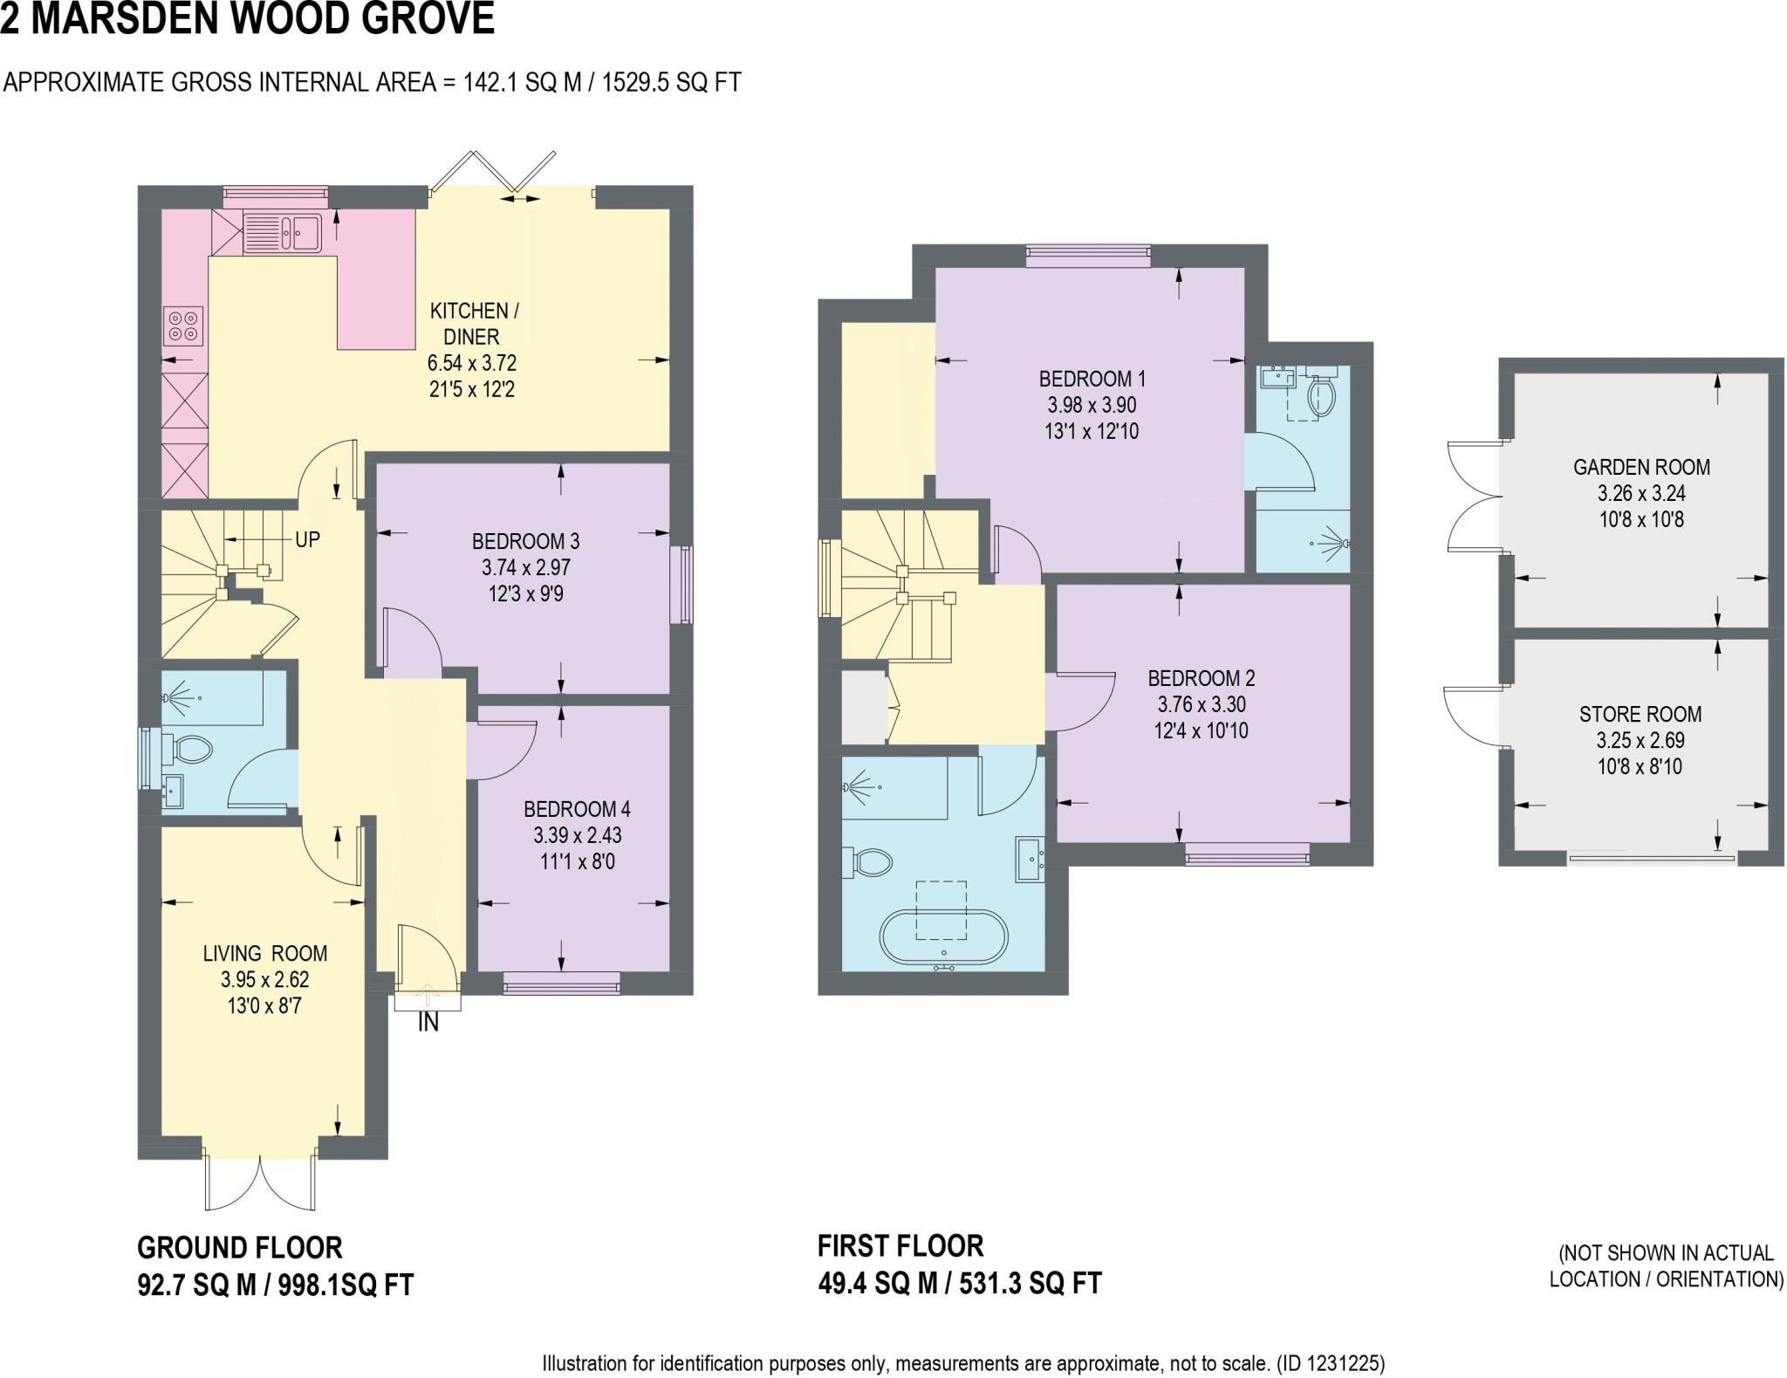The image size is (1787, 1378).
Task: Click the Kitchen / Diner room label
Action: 471,324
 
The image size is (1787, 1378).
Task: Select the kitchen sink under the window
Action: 284,232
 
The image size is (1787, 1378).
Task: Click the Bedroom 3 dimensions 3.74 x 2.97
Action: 525,568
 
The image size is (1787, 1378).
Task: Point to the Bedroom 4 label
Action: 577,809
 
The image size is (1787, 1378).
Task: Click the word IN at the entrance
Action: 428,1024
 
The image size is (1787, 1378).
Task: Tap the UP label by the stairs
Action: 307,540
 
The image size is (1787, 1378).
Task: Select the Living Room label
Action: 264,954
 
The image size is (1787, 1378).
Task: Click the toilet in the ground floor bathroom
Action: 189,749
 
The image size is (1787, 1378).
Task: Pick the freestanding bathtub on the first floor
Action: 943,937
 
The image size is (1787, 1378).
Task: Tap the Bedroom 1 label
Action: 1092,380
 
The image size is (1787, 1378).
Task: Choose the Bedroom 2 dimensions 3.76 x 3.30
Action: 1202,704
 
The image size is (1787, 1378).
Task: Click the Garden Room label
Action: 1640,468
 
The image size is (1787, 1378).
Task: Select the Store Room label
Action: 1640,715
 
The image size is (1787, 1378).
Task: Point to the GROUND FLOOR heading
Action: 240,1248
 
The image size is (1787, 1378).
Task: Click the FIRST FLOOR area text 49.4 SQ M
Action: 877,1284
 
